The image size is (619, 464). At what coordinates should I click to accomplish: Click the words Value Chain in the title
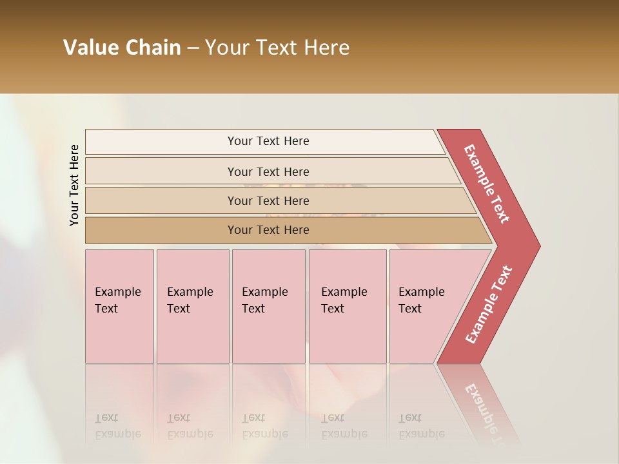coord(122,48)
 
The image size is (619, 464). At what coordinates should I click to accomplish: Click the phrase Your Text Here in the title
coord(277,48)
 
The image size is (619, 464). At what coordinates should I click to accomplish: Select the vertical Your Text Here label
coord(74,185)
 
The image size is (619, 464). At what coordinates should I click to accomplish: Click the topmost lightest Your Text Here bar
coord(268,141)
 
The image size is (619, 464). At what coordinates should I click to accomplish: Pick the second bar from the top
coord(268,171)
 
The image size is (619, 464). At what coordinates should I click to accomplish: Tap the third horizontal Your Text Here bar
coord(268,200)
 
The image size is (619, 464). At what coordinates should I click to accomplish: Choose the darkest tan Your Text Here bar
coord(268,230)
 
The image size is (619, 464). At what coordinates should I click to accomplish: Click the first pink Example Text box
coord(119,306)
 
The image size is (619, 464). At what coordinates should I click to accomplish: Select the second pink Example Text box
coord(192,306)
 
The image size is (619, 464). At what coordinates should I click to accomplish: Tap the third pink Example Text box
coord(268,306)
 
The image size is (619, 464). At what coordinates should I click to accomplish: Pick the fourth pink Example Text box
coord(347,306)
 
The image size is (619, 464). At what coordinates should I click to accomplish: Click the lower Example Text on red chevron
coord(488,305)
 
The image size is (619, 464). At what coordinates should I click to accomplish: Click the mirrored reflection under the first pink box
coord(118,425)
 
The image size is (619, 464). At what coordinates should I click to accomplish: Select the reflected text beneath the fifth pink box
coord(421,425)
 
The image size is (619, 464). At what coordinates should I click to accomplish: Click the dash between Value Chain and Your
coord(193,48)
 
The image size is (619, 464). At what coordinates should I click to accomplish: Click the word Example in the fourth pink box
coord(344,292)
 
